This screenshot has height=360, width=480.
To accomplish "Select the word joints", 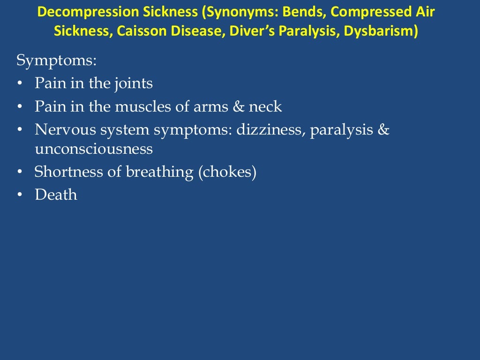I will (133, 84).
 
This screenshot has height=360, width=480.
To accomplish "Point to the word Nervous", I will (63, 129).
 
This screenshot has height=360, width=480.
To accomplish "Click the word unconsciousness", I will (94, 149).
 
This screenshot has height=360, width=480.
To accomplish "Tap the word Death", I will (56, 195).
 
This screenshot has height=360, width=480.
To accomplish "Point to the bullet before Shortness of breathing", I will (19, 172).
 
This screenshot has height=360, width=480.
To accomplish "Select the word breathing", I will (159, 172).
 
